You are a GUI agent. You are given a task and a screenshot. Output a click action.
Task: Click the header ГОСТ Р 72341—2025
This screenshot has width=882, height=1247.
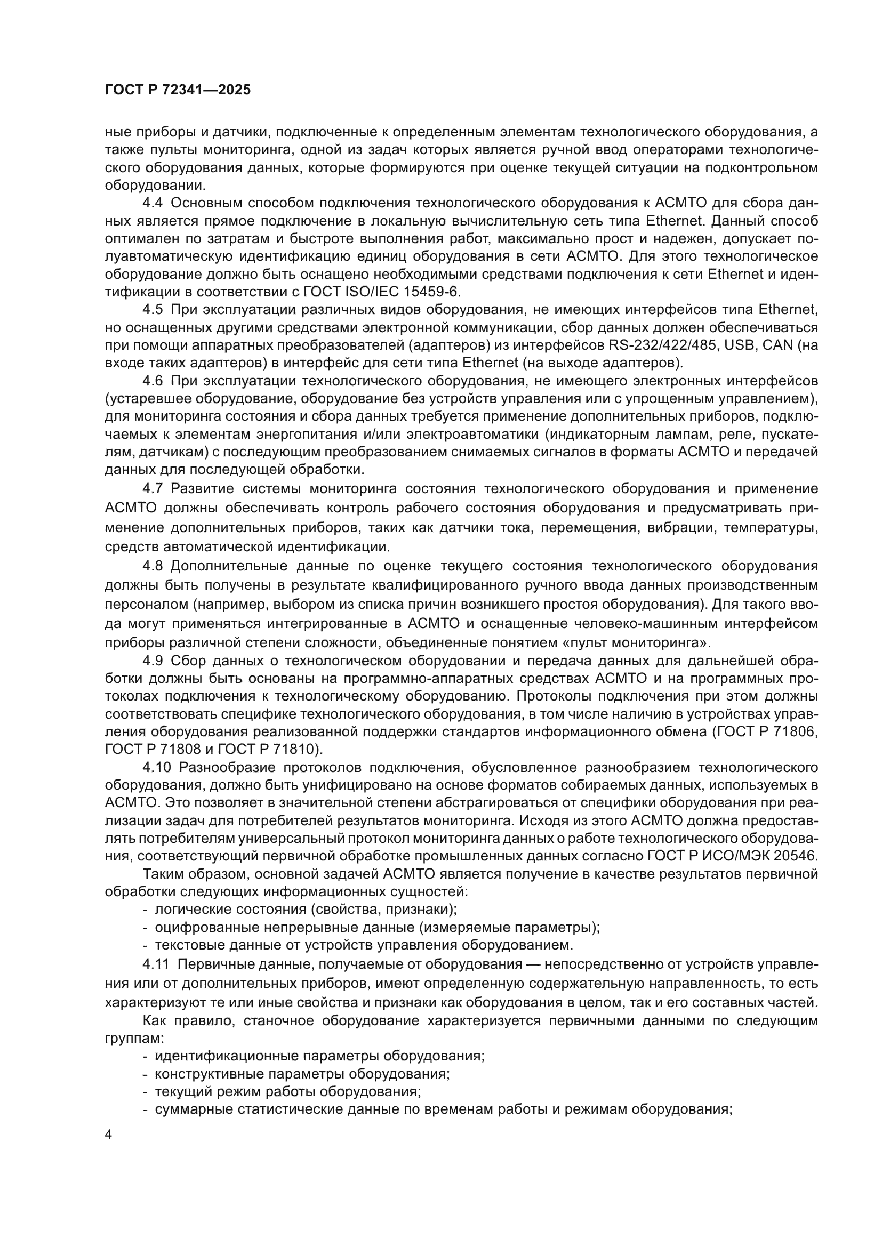coord(178,90)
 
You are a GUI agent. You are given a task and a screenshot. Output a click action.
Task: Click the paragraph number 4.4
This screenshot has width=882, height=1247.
coord(153,203)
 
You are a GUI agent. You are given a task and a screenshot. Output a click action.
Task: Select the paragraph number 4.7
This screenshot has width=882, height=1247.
coord(153,488)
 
